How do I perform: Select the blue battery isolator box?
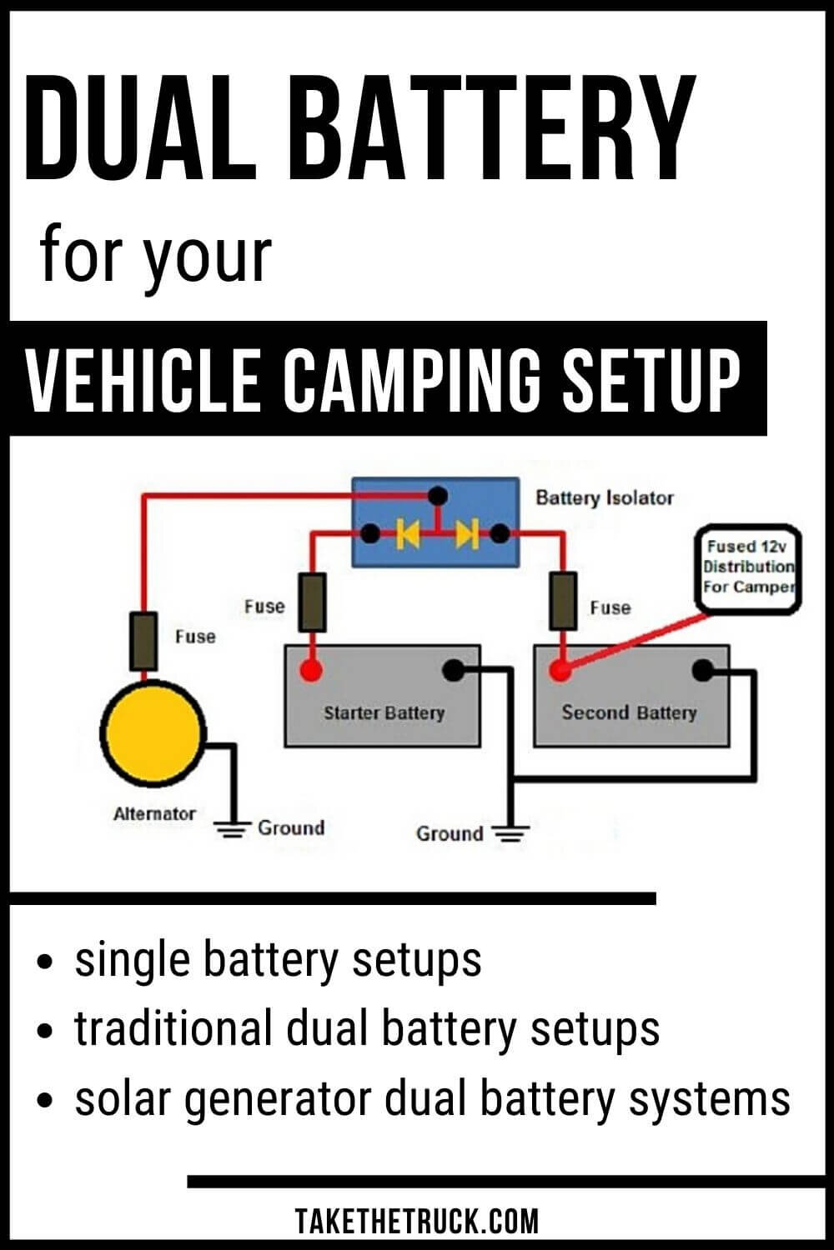click(435, 522)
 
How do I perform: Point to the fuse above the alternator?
click(143, 641)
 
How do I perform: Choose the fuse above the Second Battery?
click(563, 601)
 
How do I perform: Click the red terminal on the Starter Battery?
click(310, 670)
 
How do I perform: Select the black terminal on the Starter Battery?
click(453, 669)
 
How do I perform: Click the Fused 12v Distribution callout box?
click(748, 567)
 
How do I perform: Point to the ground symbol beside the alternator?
click(233, 828)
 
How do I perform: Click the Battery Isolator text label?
click(604, 498)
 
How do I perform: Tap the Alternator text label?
click(154, 814)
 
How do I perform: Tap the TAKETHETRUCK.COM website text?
click(417, 1222)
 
